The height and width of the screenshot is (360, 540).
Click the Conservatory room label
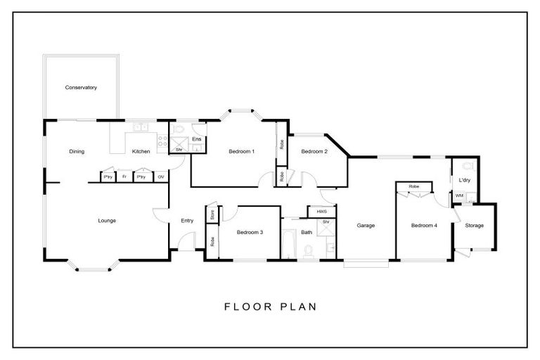[x=81, y=88]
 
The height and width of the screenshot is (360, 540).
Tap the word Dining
[x=77, y=151]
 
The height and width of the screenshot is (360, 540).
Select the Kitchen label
[x=141, y=151]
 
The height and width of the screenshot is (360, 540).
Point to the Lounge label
[x=107, y=221]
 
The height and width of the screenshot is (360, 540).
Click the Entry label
[x=187, y=221]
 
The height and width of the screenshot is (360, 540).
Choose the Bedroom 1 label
[x=241, y=151]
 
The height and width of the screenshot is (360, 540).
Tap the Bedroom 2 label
[x=314, y=151]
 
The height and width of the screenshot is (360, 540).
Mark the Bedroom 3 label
[x=250, y=233]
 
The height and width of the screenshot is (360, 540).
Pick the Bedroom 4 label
[x=424, y=226]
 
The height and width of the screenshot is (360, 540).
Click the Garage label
[x=366, y=226]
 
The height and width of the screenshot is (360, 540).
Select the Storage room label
[x=475, y=226]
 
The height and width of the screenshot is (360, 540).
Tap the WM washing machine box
[x=459, y=196]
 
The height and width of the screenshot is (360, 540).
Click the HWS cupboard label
[x=321, y=211]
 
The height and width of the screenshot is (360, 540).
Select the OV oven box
[x=161, y=177]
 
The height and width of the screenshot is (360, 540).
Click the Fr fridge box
[x=124, y=177]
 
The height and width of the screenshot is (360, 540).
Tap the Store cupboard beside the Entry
[x=211, y=214]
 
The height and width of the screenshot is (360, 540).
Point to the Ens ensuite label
[x=197, y=139]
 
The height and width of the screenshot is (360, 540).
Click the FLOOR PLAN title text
[x=270, y=307]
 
